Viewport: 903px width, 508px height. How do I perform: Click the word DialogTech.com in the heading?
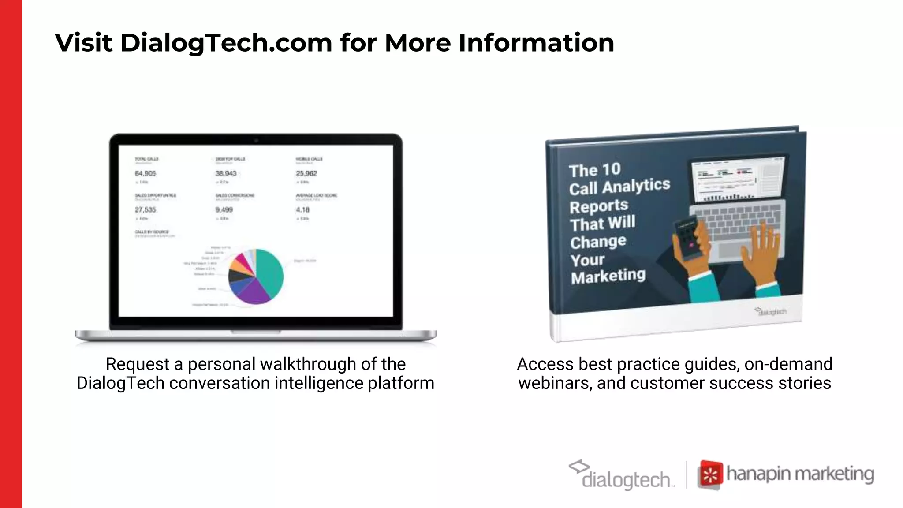point(226,43)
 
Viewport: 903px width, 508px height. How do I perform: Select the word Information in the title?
point(536,43)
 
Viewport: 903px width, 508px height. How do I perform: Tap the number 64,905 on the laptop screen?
point(146,173)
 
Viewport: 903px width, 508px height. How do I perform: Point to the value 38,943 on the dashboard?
point(226,173)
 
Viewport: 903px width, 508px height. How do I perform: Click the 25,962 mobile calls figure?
point(306,173)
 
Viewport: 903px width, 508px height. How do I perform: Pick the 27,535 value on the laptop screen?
point(146,210)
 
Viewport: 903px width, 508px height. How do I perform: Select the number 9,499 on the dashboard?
point(224,210)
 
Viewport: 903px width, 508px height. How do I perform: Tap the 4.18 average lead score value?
point(302,210)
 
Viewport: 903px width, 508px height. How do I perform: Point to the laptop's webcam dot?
point(256,140)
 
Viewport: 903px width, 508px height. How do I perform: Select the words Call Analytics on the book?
point(619,187)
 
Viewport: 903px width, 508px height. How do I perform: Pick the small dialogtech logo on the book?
point(770,311)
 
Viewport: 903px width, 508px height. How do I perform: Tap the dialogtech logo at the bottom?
point(622,475)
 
